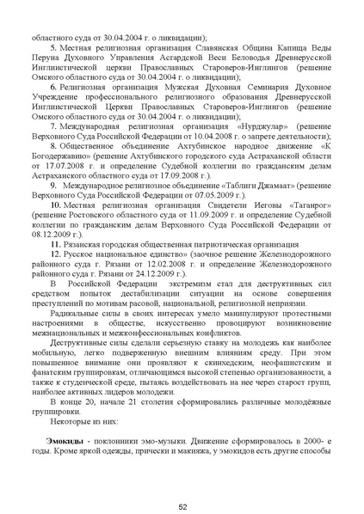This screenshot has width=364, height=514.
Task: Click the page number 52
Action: pos(182,483)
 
